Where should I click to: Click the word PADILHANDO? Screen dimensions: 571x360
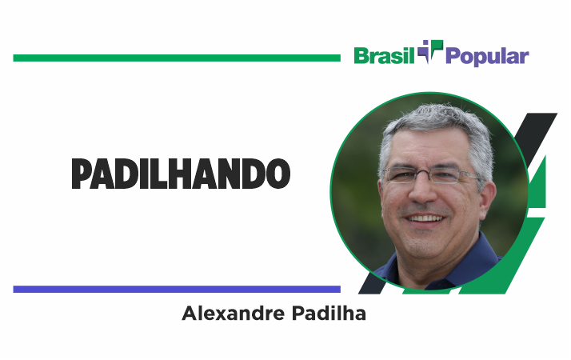click(181, 174)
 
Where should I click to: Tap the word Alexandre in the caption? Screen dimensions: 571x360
click(233, 314)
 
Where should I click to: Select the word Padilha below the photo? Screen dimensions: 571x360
click(329, 314)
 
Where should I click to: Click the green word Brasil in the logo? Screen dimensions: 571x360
click(384, 56)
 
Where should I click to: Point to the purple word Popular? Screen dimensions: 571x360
click(487, 57)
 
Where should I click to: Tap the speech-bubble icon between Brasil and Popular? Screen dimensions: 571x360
click(430, 51)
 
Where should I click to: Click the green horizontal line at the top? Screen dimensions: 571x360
click(177, 58)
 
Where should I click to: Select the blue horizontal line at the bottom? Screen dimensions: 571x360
click(177, 290)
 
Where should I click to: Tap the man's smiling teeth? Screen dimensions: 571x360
click(425, 218)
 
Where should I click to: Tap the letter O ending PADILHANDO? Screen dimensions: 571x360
click(278, 174)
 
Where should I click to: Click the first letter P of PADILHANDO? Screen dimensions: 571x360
click(81, 174)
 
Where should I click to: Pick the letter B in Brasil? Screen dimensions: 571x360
click(361, 56)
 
